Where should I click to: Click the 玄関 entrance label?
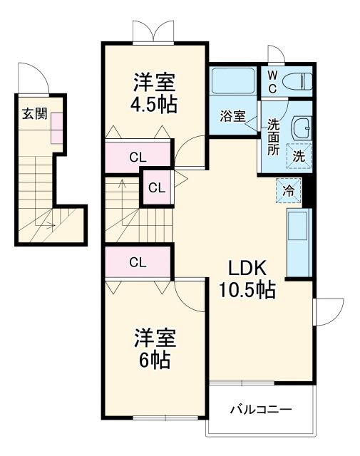[x=34, y=113]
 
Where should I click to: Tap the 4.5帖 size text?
[x=154, y=105]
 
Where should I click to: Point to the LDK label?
[x=247, y=268]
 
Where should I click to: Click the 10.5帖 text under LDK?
[x=247, y=289]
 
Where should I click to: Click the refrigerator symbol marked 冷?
[x=289, y=190]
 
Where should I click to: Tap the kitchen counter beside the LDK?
[x=299, y=243]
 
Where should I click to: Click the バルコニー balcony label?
[x=260, y=410]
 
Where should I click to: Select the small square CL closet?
[x=157, y=188]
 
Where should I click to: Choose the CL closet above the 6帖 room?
[x=138, y=261]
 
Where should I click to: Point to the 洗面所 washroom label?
[x=273, y=135]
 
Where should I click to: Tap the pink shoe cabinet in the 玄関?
[x=56, y=125]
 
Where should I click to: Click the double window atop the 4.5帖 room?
[x=153, y=33]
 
